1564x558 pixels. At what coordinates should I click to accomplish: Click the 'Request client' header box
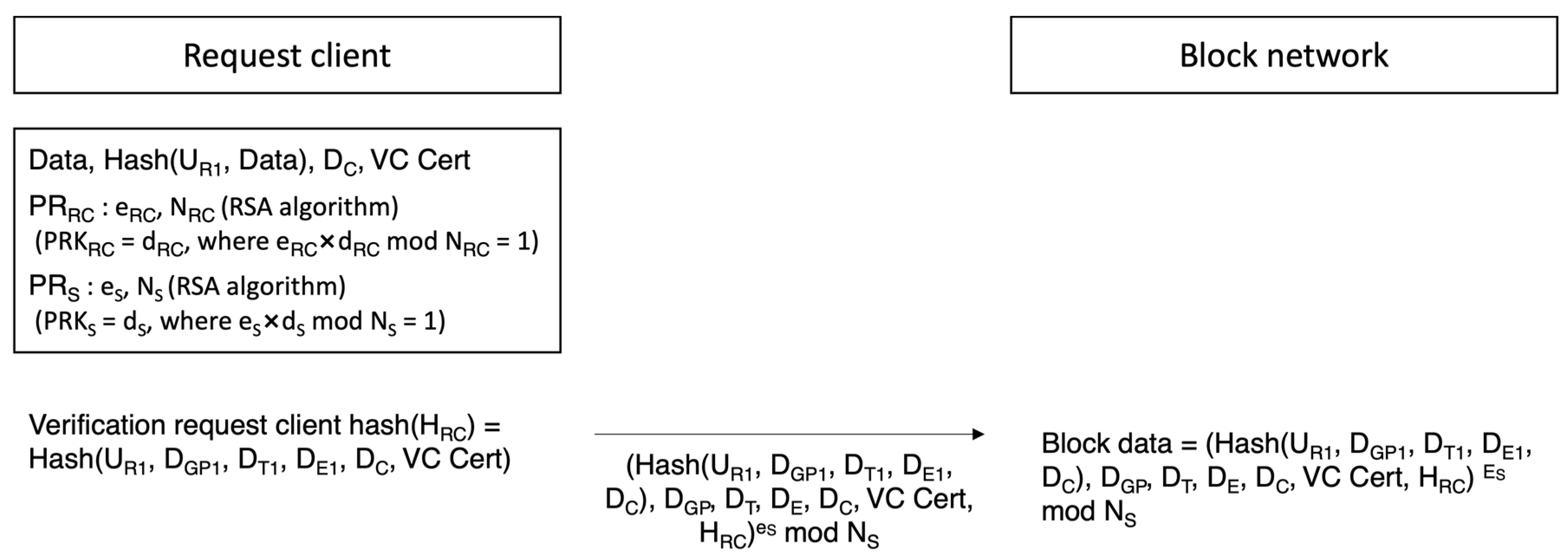(x=287, y=55)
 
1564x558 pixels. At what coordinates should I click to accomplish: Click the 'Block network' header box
(x=1284, y=55)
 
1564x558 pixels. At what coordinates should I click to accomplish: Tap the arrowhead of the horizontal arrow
(x=978, y=434)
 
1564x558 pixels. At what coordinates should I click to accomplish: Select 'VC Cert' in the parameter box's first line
(x=420, y=160)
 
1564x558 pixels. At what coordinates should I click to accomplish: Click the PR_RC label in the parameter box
(x=61, y=208)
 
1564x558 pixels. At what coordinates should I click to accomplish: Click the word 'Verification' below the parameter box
(x=97, y=425)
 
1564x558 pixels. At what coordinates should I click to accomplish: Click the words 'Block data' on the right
(x=1106, y=444)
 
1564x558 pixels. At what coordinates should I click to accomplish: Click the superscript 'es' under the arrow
(x=766, y=528)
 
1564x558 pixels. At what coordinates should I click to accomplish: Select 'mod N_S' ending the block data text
(x=1088, y=512)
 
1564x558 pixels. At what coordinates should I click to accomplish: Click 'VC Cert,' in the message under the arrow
(x=920, y=500)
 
